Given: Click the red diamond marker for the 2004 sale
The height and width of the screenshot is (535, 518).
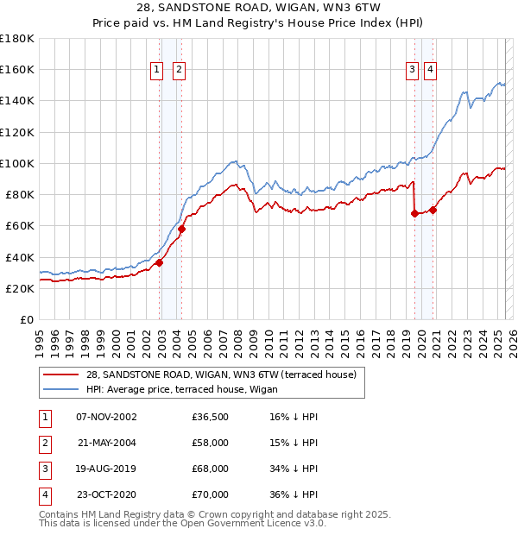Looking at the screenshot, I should pyautogui.click(x=182, y=230).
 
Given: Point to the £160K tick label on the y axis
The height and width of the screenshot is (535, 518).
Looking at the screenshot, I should pyautogui.click(x=17, y=70).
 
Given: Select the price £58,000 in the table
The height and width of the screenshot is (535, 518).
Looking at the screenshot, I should pyautogui.click(x=211, y=443).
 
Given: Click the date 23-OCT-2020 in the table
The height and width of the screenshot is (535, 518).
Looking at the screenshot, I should pyautogui.click(x=106, y=494).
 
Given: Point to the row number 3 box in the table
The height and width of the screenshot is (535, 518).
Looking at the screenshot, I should pyautogui.click(x=43, y=469).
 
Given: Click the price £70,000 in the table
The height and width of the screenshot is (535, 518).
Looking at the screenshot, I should pyautogui.click(x=211, y=494).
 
